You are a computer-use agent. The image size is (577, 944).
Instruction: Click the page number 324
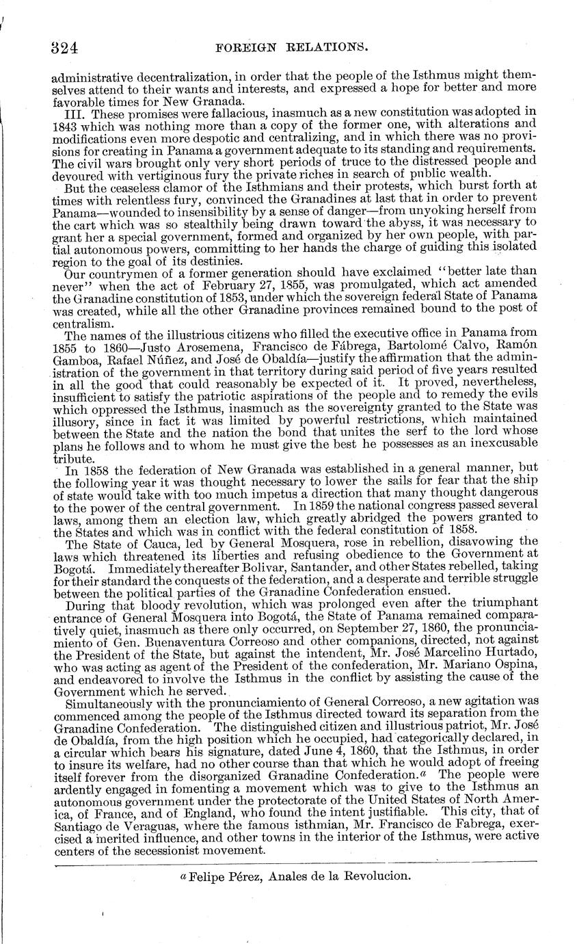point(66,47)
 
